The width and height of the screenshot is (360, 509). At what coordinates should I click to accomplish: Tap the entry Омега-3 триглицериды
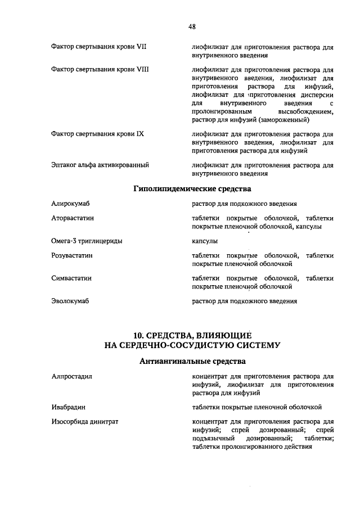pos(86,241)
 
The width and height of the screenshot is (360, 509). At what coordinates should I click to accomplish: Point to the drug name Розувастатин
pos(71,255)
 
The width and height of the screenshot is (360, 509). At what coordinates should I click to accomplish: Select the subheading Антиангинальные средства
pos(192,361)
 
